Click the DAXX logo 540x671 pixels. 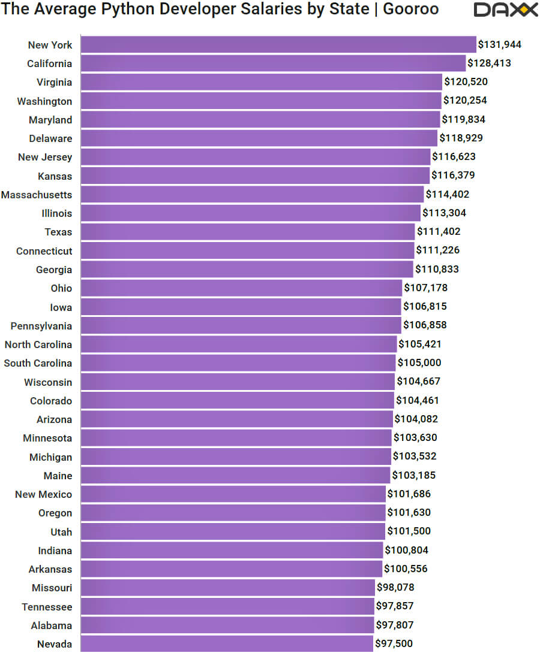(505, 10)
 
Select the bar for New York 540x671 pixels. (278, 45)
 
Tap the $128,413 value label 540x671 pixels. (489, 64)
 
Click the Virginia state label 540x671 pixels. (54, 82)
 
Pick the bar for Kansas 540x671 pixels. (255, 176)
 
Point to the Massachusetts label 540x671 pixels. (37, 195)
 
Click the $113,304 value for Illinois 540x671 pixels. (444, 213)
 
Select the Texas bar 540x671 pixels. (247, 232)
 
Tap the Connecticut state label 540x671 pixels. (44, 251)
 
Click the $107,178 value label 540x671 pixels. (425, 288)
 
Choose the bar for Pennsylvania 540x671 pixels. (241, 325)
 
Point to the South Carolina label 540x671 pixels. (38, 363)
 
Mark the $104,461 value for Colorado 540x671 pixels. (418, 400)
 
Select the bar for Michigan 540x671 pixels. (236, 457)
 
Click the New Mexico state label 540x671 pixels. (43, 494)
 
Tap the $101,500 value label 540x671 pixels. (409, 531)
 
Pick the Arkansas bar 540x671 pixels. (231, 569)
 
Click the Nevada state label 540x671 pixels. (54, 644)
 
